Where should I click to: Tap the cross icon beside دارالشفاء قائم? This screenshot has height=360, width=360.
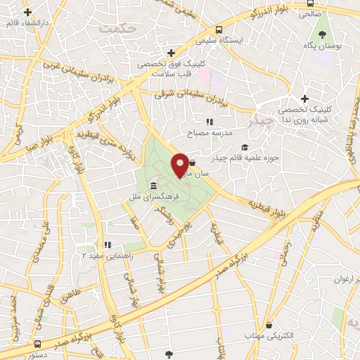pyautogui.click(x=27, y=13)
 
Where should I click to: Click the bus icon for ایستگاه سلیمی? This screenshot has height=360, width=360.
pyautogui.click(x=219, y=30)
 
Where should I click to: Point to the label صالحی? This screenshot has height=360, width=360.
pyautogui.click(x=309, y=13)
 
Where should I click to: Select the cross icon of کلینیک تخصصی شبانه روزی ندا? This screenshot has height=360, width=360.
pyautogui.click(x=304, y=99)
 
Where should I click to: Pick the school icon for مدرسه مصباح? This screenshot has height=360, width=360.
pyautogui.click(x=209, y=122)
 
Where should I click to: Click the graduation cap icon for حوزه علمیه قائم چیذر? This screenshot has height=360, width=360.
pyautogui.click(x=244, y=147)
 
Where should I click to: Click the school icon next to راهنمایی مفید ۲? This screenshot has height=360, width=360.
pyautogui.click(x=108, y=245)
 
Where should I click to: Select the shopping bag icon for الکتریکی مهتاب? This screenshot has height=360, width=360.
pyautogui.click(x=270, y=325)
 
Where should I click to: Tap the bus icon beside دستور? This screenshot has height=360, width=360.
pyautogui.click(x=37, y=345)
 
